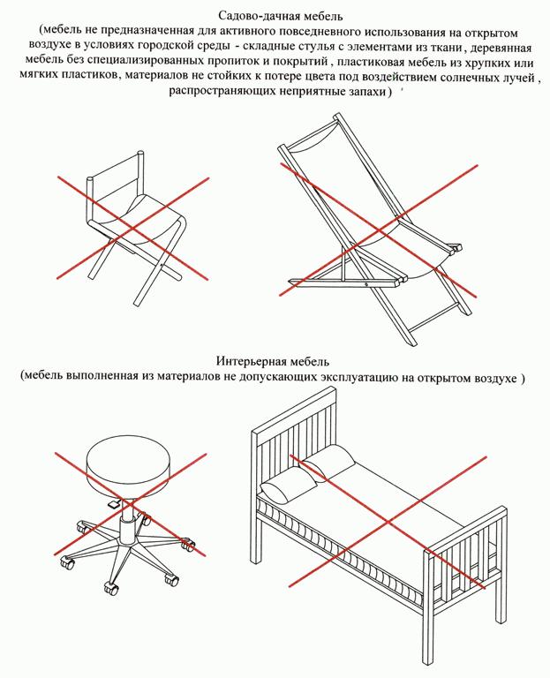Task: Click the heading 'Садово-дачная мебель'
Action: tap(281, 17)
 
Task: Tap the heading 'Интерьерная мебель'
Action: tap(273, 360)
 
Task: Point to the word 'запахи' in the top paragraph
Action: tap(366, 92)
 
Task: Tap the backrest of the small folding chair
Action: tap(116, 180)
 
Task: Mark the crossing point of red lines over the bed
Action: tap(388, 522)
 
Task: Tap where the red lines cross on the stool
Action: tap(130, 504)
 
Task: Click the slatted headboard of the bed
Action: tap(294, 437)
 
